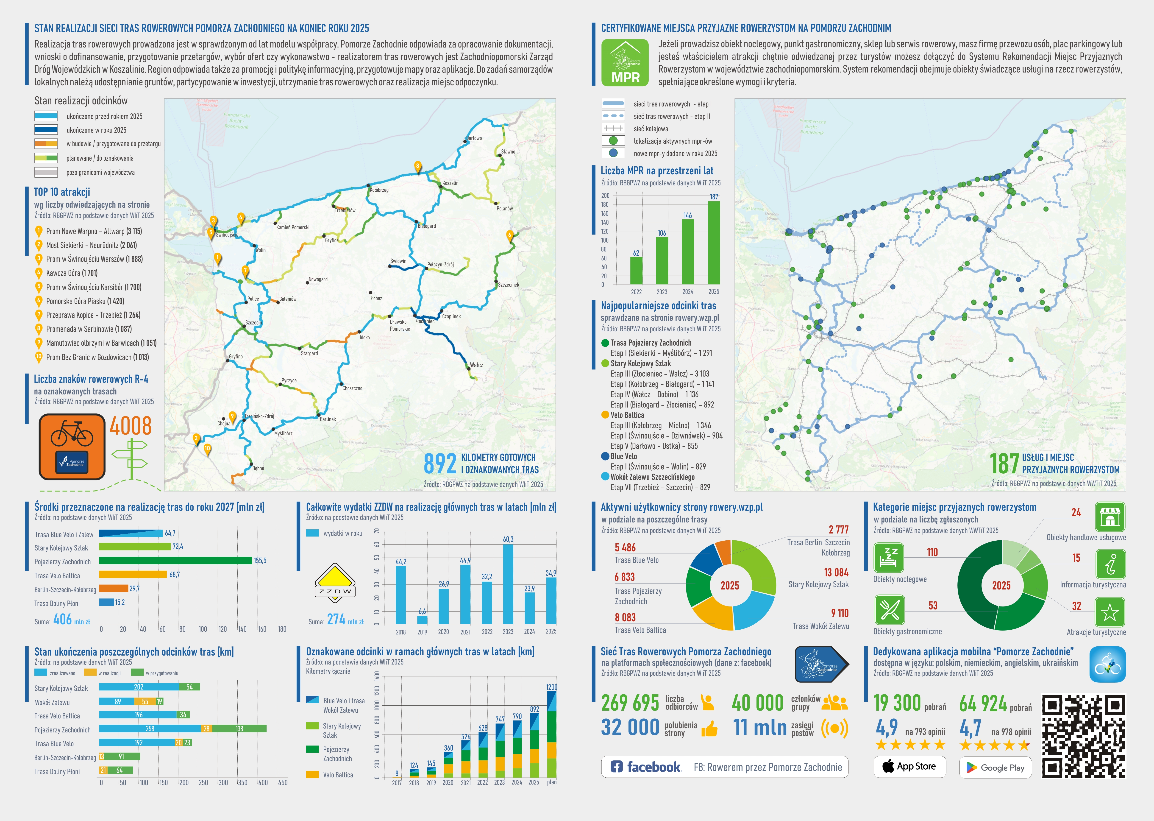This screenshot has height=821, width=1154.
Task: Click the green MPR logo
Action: click(x=625, y=62)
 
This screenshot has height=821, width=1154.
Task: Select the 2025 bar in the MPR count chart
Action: click(x=713, y=243)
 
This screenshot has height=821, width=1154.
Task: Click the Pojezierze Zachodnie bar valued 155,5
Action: click(x=175, y=561)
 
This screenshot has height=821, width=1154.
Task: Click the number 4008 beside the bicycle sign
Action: click(x=130, y=426)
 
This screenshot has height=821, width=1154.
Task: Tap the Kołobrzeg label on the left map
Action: click(x=379, y=190)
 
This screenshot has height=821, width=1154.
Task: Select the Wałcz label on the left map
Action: click(x=476, y=365)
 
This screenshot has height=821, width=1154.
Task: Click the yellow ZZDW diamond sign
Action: click(x=335, y=583)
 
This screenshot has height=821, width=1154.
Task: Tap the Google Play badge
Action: click(x=995, y=767)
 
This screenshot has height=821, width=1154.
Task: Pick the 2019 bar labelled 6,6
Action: click(x=422, y=619)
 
